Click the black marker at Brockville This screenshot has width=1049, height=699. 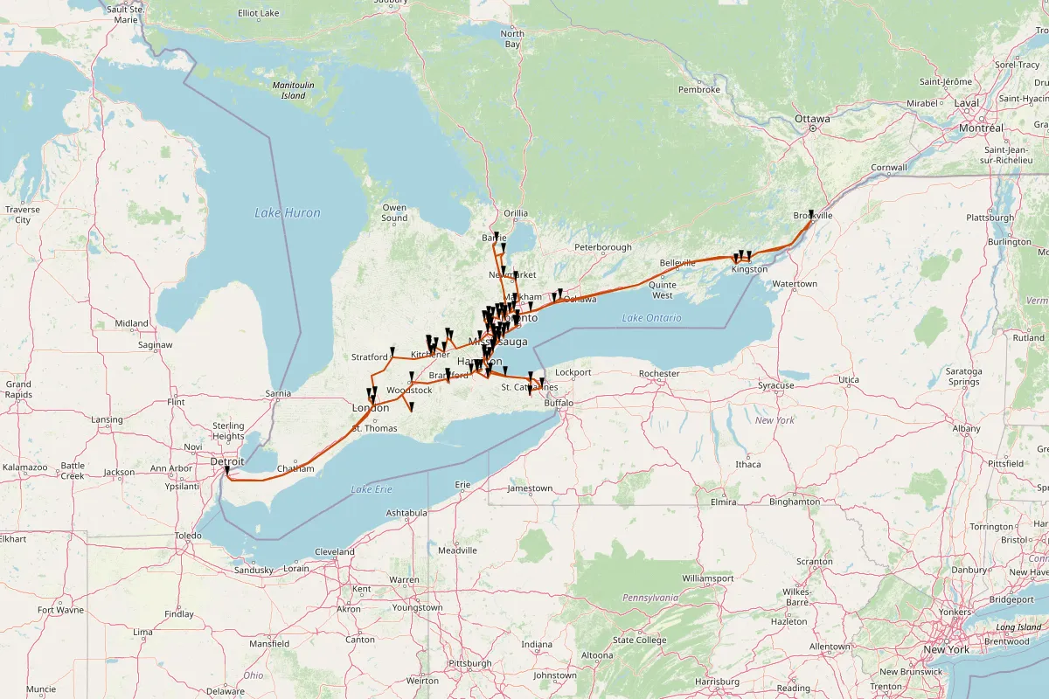pyautogui.click(x=811, y=214)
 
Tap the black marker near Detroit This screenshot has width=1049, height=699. pyautogui.click(x=226, y=471)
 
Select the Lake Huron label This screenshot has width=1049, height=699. pyautogui.click(x=288, y=212)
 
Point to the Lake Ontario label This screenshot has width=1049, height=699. pyautogui.click(x=651, y=318)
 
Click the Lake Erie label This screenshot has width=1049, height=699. pyautogui.click(x=372, y=489)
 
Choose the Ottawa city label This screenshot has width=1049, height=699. pyautogui.click(x=811, y=118)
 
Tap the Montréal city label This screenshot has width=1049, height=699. pyautogui.click(x=981, y=128)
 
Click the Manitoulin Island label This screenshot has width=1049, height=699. pyautogui.click(x=289, y=90)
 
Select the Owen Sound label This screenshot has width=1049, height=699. pyautogui.click(x=394, y=212)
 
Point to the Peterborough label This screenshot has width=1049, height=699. pyautogui.click(x=602, y=248)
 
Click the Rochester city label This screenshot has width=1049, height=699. pyautogui.click(x=658, y=374)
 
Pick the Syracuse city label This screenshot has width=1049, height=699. pyautogui.click(x=776, y=385)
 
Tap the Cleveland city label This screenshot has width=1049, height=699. pyautogui.click(x=334, y=552)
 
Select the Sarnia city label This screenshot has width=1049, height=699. pyautogui.click(x=278, y=394)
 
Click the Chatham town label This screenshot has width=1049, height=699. pyautogui.click(x=295, y=469)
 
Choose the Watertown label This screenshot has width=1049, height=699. pyautogui.click(x=795, y=284)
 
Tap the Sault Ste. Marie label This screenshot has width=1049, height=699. pyautogui.click(x=123, y=13)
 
